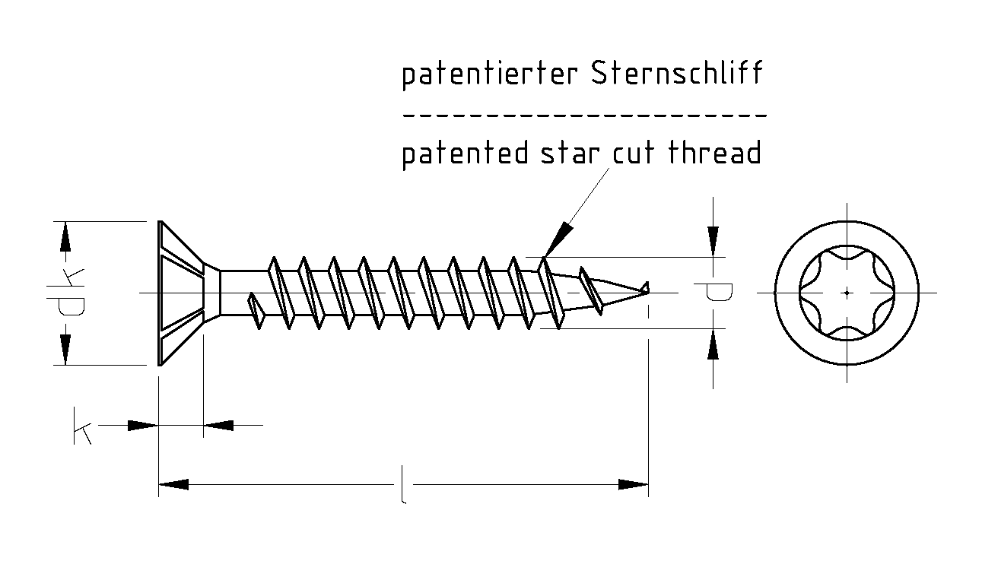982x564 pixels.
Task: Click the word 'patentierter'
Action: [491, 75]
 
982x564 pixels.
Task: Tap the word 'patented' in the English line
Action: [465, 154]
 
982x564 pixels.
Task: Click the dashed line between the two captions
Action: [584, 116]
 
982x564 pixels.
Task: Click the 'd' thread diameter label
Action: [713, 293]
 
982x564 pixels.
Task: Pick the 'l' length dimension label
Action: [402, 486]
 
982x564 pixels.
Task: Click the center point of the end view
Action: [847, 292]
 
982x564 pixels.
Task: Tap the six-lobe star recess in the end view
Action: [847, 292]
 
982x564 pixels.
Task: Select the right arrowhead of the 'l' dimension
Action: [633, 484]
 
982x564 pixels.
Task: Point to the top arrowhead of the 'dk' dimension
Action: [66, 237]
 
